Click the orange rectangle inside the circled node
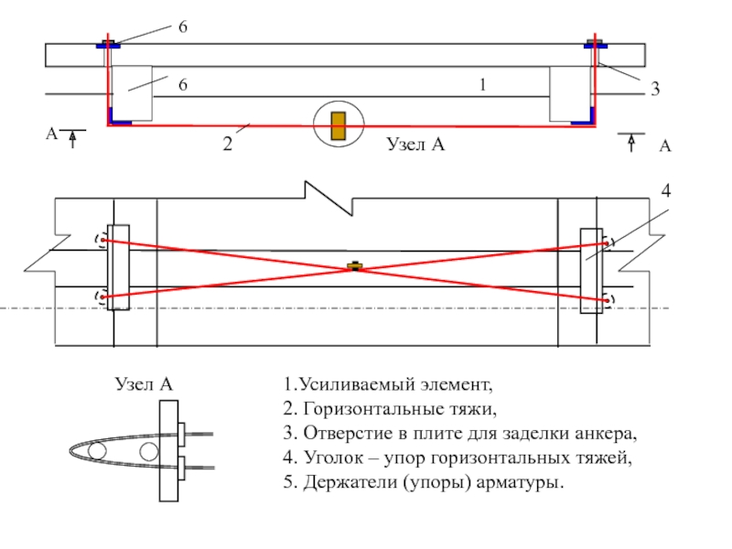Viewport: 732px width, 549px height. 339,126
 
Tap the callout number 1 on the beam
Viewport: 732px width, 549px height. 483,84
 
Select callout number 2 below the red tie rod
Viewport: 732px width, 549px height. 227,144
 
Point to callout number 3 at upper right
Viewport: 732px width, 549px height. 655,89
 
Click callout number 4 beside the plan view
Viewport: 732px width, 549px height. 666,190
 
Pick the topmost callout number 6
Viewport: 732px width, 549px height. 183,27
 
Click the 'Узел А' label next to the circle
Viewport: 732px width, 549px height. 415,144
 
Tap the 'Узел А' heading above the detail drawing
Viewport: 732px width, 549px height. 144,384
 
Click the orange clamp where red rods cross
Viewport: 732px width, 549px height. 355,266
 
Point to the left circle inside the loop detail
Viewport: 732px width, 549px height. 97,451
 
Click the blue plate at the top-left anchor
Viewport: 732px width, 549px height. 108,45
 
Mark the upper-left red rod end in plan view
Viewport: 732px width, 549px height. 102,240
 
